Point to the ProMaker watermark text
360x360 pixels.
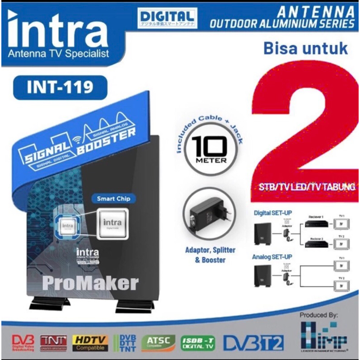click(90, 283)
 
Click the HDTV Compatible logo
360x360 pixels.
click(91, 343)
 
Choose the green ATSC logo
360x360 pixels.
click(158, 343)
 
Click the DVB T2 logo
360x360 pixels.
click(254, 343)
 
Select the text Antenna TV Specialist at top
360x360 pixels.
click(58, 54)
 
